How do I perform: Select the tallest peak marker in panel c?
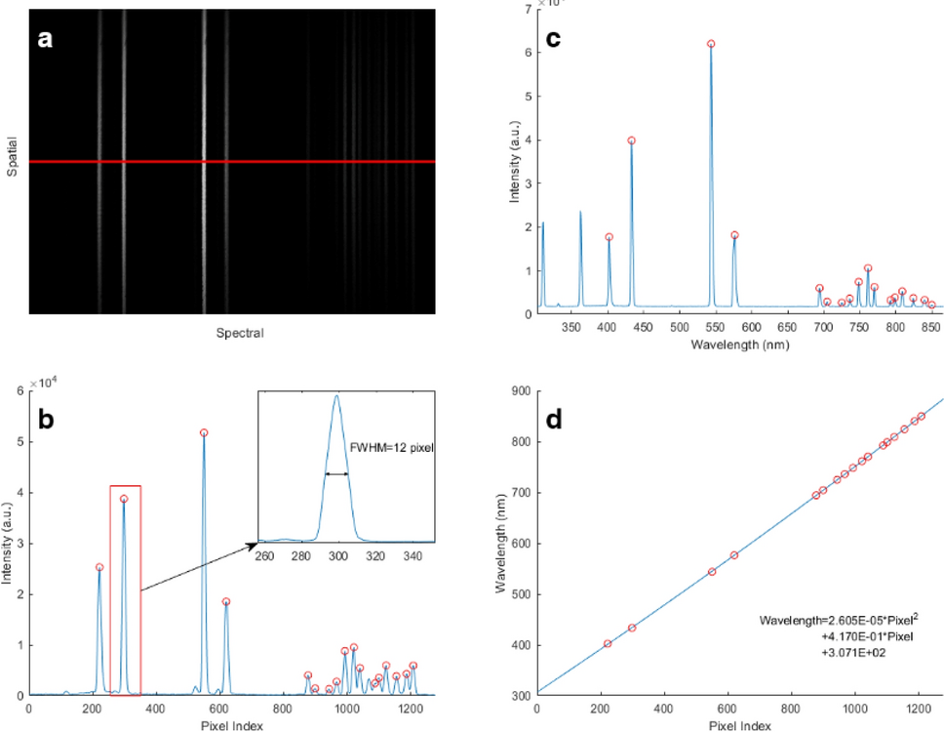711,44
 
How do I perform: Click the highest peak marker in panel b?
204,432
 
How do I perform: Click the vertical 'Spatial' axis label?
13,162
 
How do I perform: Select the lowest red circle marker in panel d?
607,643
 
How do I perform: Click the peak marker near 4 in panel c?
631,141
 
